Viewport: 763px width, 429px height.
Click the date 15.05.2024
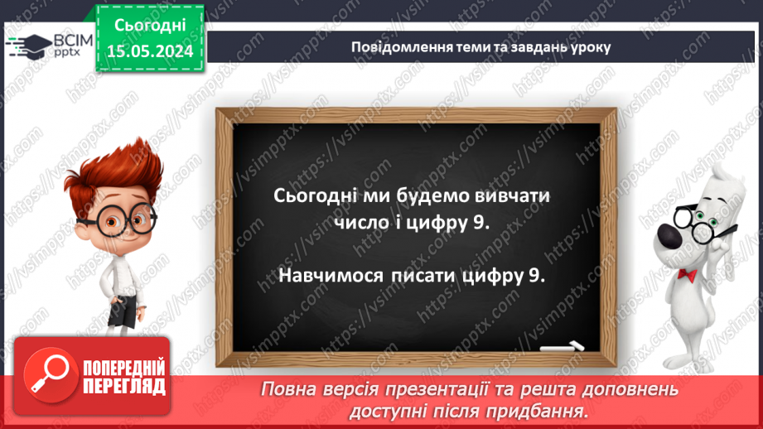(x=150, y=51)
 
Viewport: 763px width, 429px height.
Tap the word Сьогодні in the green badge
(x=150, y=26)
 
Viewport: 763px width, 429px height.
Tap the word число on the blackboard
(x=361, y=223)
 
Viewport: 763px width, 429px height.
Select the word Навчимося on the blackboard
(x=331, y=275)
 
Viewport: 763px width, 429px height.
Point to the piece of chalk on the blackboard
(x=562, y=347)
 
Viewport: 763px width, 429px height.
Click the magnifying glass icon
(x=51, y=375)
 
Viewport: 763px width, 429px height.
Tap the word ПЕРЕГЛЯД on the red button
(x=124, y=387)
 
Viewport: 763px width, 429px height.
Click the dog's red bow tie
(x=687, y=275)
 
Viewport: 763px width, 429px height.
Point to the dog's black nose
(x=670, y=237)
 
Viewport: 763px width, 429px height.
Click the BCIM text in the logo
(x=73, y=41)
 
